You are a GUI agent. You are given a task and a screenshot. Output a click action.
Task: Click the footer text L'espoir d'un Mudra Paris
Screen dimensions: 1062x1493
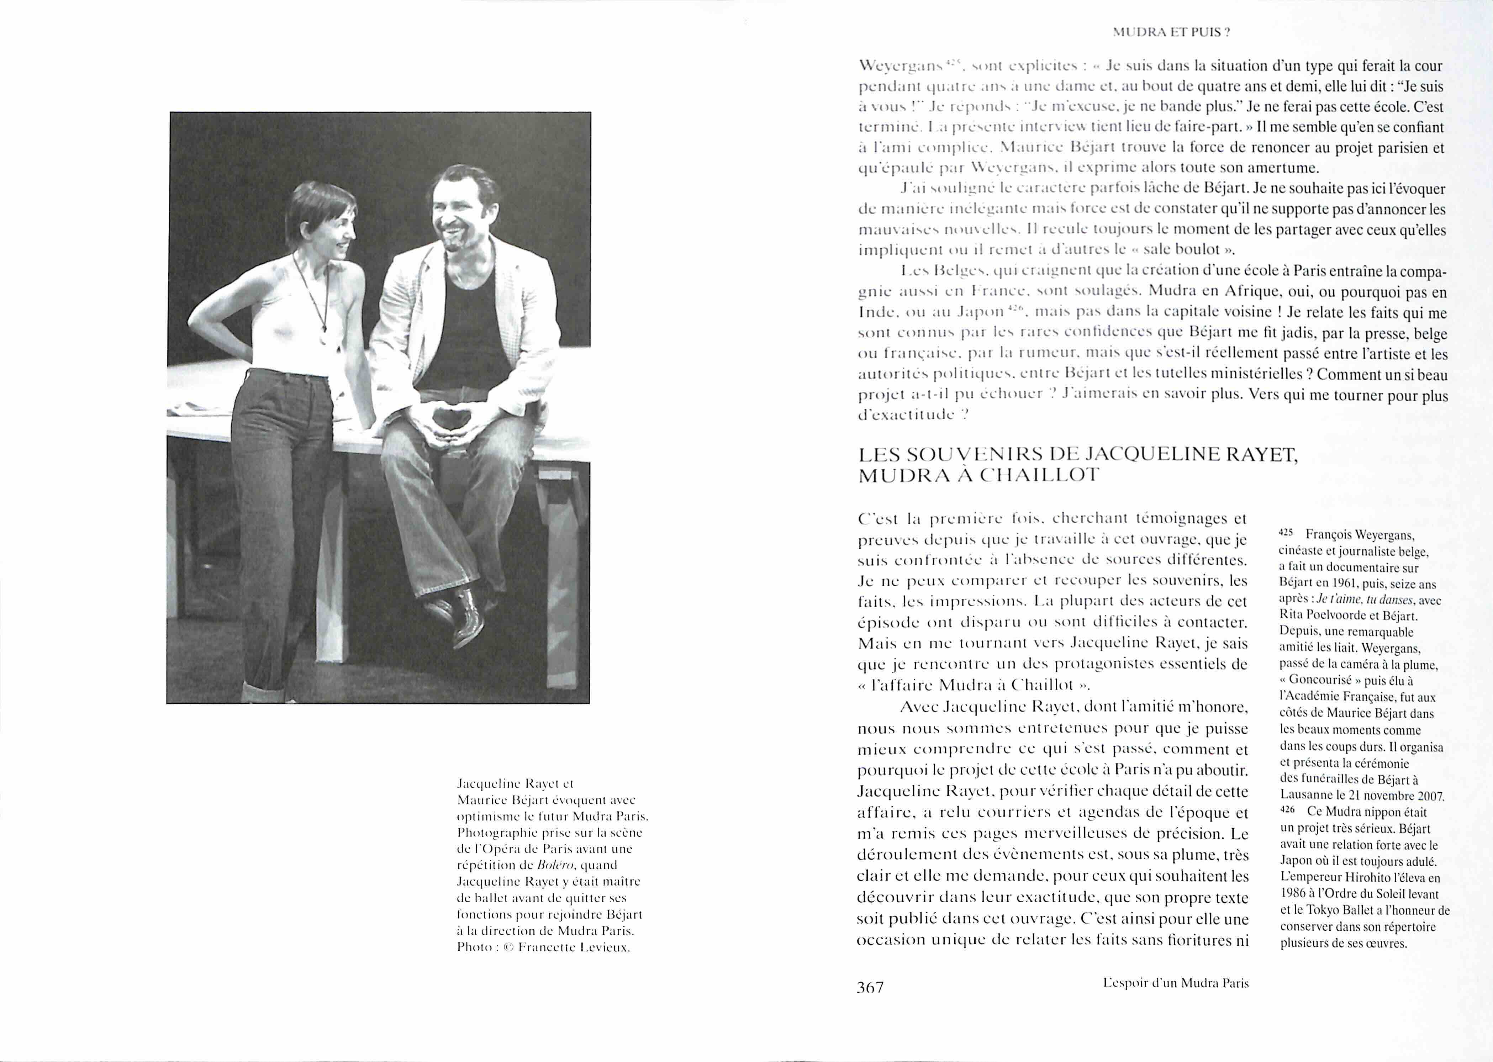(x=1175, y=983)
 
